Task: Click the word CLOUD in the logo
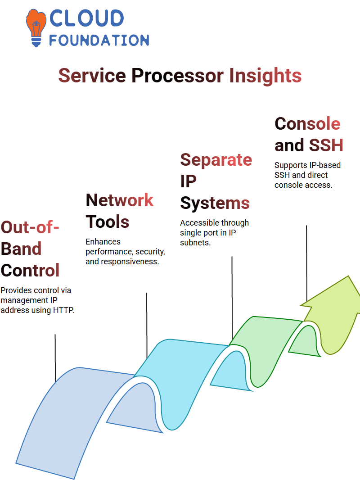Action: pyautogui.click(x=86, y=18)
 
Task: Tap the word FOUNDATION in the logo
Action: pyautogui.click(x=99, y=40)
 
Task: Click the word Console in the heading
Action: pyautogui.click(x=307, y=124)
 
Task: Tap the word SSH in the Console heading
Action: pyautogui.click(x=326, y=145)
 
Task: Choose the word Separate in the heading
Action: pyautogui.click(x=216, y=160)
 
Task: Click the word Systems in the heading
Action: pyautogui.click(x=215, y=203)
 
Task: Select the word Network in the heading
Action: pyautogui.click(x=120, y=200)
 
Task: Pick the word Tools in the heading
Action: pyautogui.click(x=108, y=222)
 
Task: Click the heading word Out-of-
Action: pyautogui.click(x=30, y=227)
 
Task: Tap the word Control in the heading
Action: pyautogui.click(x=30, y=270)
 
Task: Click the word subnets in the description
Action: pyautogui.click(x=195, y=242)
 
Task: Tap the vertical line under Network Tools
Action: pyautogui.click(x=147, y=325)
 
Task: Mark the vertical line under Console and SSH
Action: pyautogui.click(x=306, y=263)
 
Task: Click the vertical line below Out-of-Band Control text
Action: pyautogui.click(x=55, y=358)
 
